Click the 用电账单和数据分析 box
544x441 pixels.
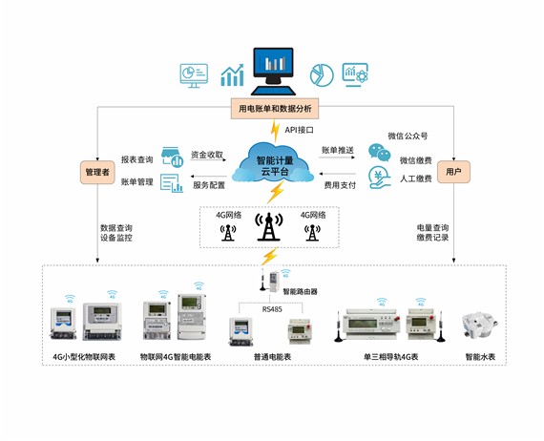[273, 108]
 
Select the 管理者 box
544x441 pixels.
[97, 173]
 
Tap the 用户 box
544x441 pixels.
[453, 173]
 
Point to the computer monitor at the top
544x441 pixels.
[274, 66]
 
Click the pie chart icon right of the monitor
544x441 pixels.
[323, 73]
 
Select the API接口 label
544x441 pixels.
[299, 129]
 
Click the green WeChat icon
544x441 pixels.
[380, 152]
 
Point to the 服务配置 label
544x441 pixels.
[207, 184]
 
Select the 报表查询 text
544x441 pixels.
[138, 159]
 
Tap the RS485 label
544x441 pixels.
[273, 307]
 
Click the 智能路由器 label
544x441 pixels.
[300, 290]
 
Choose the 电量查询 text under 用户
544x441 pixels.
[434, 227]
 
